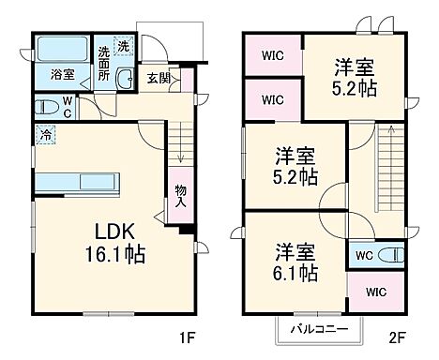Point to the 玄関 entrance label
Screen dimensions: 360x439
pyautogui.click(x=158, y=79)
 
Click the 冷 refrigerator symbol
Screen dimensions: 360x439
pyautogui.click(x=45, y=135)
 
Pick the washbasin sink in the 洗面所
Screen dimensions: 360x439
pyautogui.click(x=124, y=80)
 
